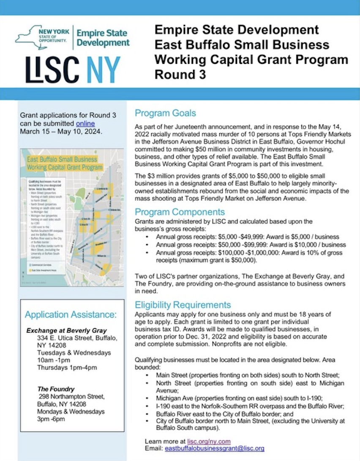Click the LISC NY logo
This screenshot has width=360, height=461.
(x=73, y=69)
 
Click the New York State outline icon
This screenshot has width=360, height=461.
(x=31, y=37)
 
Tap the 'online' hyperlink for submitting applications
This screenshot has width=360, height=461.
(x=85, y=123)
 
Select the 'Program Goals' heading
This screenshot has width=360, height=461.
(x=165, y=113)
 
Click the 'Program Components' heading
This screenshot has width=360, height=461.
(x=180, y=212)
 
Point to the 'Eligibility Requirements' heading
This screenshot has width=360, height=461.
(x=183, y=305)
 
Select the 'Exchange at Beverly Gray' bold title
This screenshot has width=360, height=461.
(x=66, y=330)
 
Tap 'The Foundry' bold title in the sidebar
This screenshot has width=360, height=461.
(x=56, y=389)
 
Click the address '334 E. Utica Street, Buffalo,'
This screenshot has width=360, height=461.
(x=77, y=338)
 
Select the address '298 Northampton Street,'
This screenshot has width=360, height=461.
(x=71, y=397)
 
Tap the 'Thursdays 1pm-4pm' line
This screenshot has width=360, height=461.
(x=67, y=368)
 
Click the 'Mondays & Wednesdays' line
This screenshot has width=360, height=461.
(x=71, y=412)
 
